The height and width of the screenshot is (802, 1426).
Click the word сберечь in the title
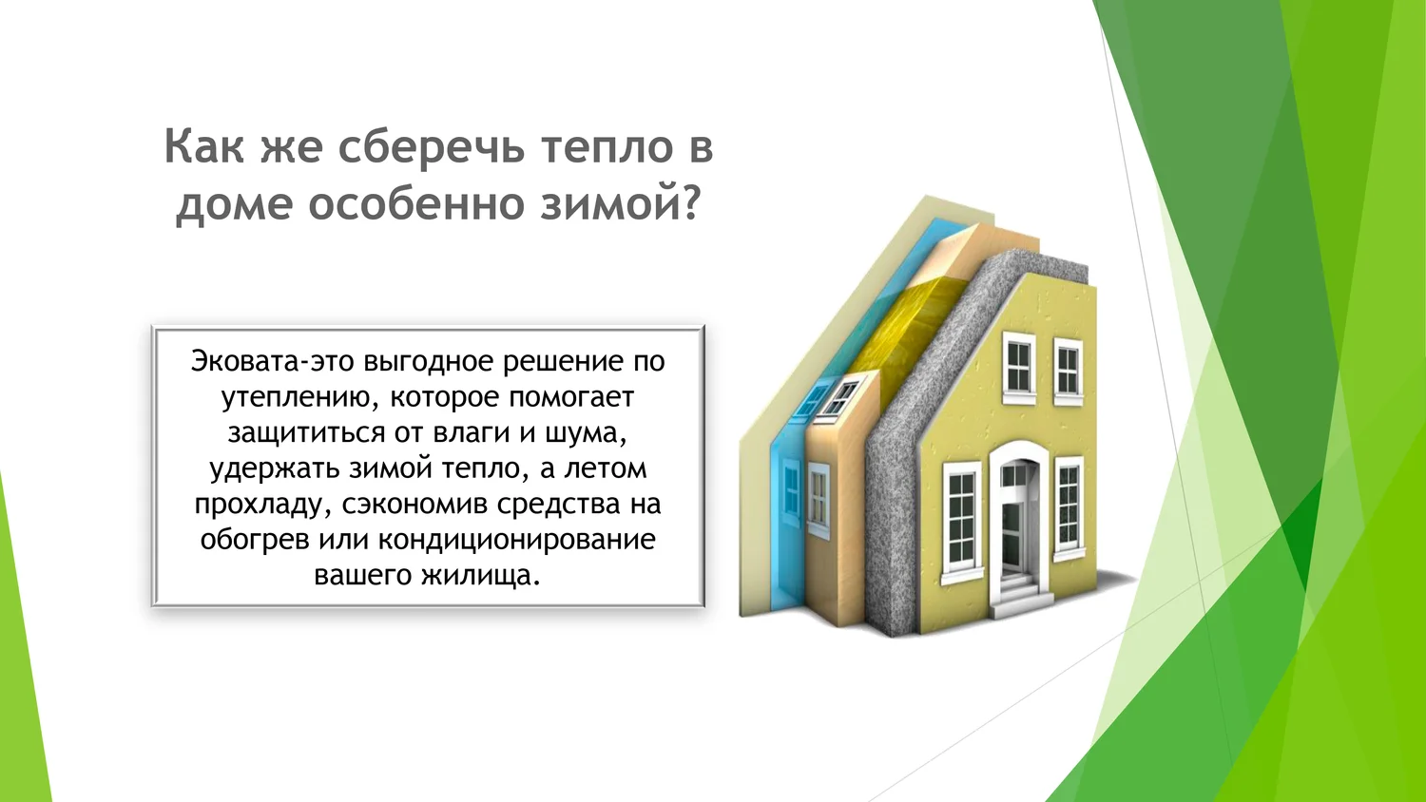431,147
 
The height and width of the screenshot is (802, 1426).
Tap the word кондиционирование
517,541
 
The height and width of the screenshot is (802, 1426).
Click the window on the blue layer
791,492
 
